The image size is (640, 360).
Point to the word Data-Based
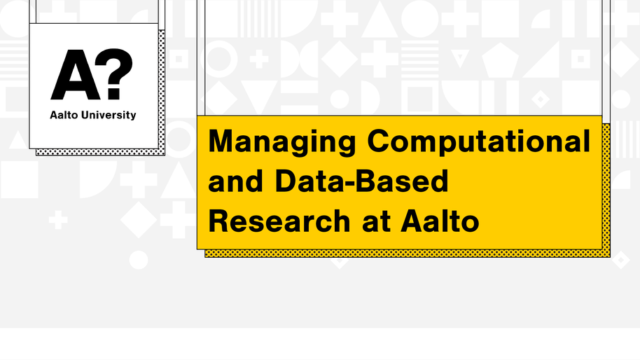coord(361,181)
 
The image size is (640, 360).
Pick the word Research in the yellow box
coord(279,221)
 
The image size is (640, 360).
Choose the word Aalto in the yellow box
coord(440,221)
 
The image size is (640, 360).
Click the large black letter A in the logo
coord(76,75)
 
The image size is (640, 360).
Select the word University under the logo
coord(109,116)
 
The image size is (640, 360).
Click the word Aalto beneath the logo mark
coord(64,115)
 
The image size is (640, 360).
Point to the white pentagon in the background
coord(500,60)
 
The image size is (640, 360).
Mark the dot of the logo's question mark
coord(114,93)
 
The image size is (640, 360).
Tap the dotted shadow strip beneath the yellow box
coord(408,254)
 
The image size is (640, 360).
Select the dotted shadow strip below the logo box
coord(100,152)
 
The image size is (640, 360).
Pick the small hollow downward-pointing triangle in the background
coord(460,58)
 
